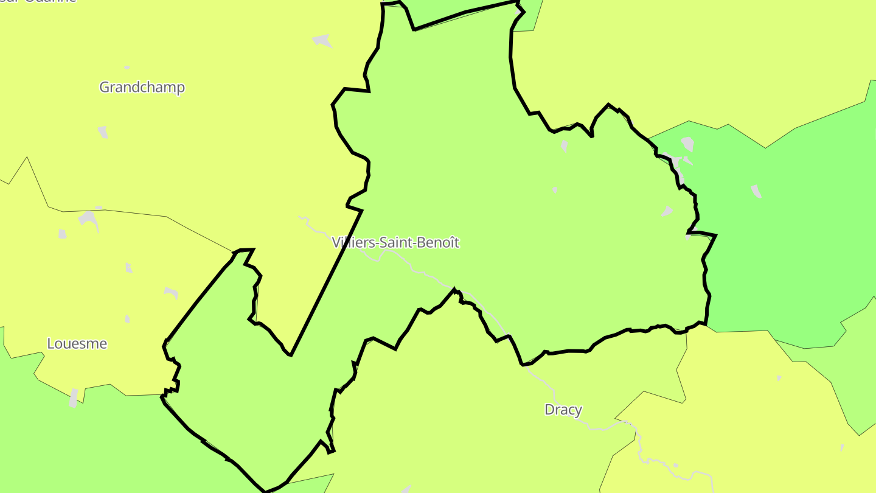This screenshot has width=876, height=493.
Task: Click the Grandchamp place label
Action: (142, 87)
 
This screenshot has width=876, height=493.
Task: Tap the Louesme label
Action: (77, 344)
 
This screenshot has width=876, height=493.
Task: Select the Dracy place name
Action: (563, 410)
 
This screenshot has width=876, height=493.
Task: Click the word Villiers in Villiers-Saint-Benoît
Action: (353, 242)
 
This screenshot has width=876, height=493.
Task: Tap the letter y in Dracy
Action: (578, 411)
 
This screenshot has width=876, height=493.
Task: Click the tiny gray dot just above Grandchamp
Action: (127, 67)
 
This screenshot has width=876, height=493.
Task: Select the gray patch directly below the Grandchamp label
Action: (103, 132)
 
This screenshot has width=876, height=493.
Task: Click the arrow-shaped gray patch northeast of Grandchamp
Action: (322, 41)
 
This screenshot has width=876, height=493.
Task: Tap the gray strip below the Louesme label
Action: (74, 397)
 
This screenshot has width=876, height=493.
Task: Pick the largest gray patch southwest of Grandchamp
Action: (89, 219)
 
